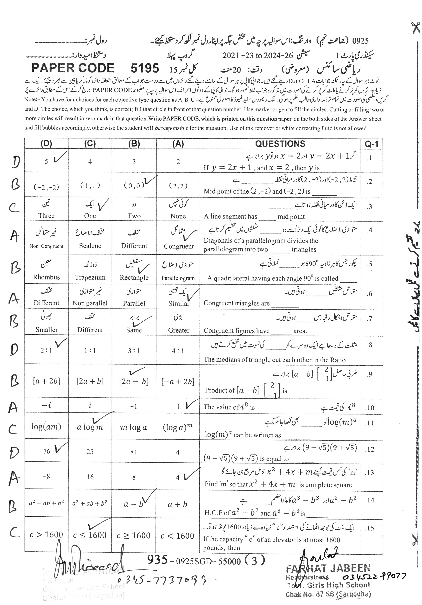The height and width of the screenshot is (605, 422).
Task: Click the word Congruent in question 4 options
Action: [179, 246]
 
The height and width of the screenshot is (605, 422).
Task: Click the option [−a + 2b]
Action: [178, 382]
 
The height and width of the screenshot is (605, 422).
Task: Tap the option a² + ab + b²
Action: [90, 503]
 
